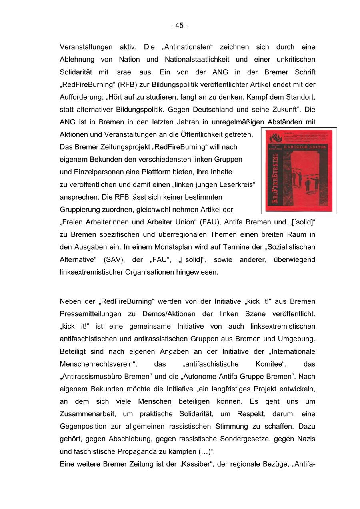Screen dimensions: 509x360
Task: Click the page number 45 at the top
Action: [179, 26]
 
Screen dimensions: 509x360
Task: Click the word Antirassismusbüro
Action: [95, 376]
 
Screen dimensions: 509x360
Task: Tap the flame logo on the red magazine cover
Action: [275, 137]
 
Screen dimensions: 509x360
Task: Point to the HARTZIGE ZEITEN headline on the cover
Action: [305, 147]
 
